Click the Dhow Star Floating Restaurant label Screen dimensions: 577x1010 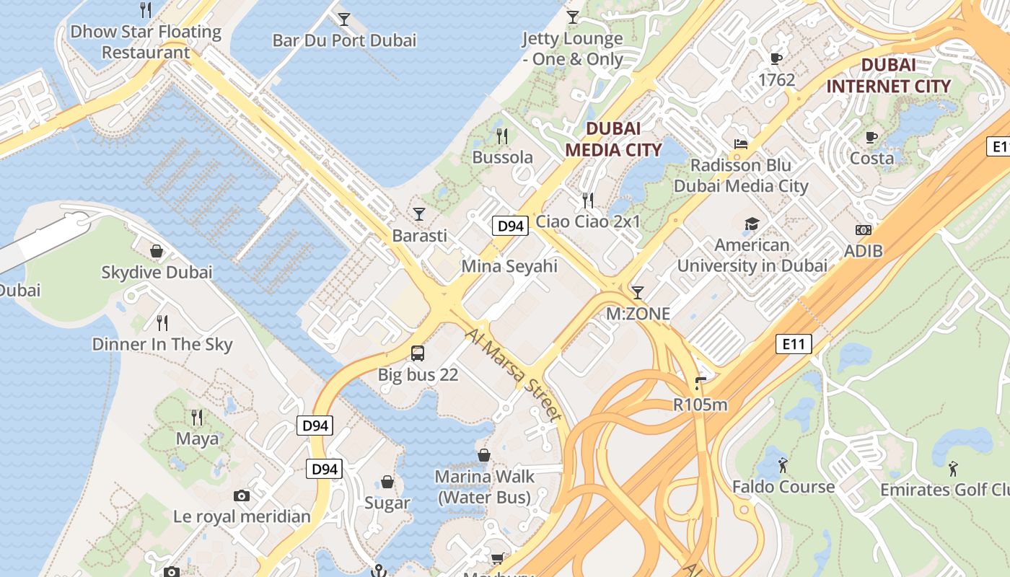145,42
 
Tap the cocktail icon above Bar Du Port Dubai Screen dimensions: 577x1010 344,19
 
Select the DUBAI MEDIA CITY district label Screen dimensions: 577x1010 612,139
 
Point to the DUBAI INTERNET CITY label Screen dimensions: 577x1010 888,76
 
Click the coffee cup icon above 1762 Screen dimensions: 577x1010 776,58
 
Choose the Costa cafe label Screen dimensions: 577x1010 871,158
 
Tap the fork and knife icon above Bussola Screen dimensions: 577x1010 503,136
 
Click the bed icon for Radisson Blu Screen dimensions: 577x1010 740,144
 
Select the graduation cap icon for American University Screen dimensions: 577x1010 752,224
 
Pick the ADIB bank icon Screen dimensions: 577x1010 863,230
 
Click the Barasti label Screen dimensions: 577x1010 419,236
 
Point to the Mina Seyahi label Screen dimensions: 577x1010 509,266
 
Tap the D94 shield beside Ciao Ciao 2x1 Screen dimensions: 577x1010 510,226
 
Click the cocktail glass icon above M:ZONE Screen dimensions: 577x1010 637,292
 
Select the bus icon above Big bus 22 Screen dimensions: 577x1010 418,353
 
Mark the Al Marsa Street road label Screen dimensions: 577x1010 513,375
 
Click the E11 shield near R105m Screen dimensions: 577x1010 794,344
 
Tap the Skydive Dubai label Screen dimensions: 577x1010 157,273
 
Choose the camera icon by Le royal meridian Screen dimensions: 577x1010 242,495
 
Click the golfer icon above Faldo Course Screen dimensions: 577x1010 783,465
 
